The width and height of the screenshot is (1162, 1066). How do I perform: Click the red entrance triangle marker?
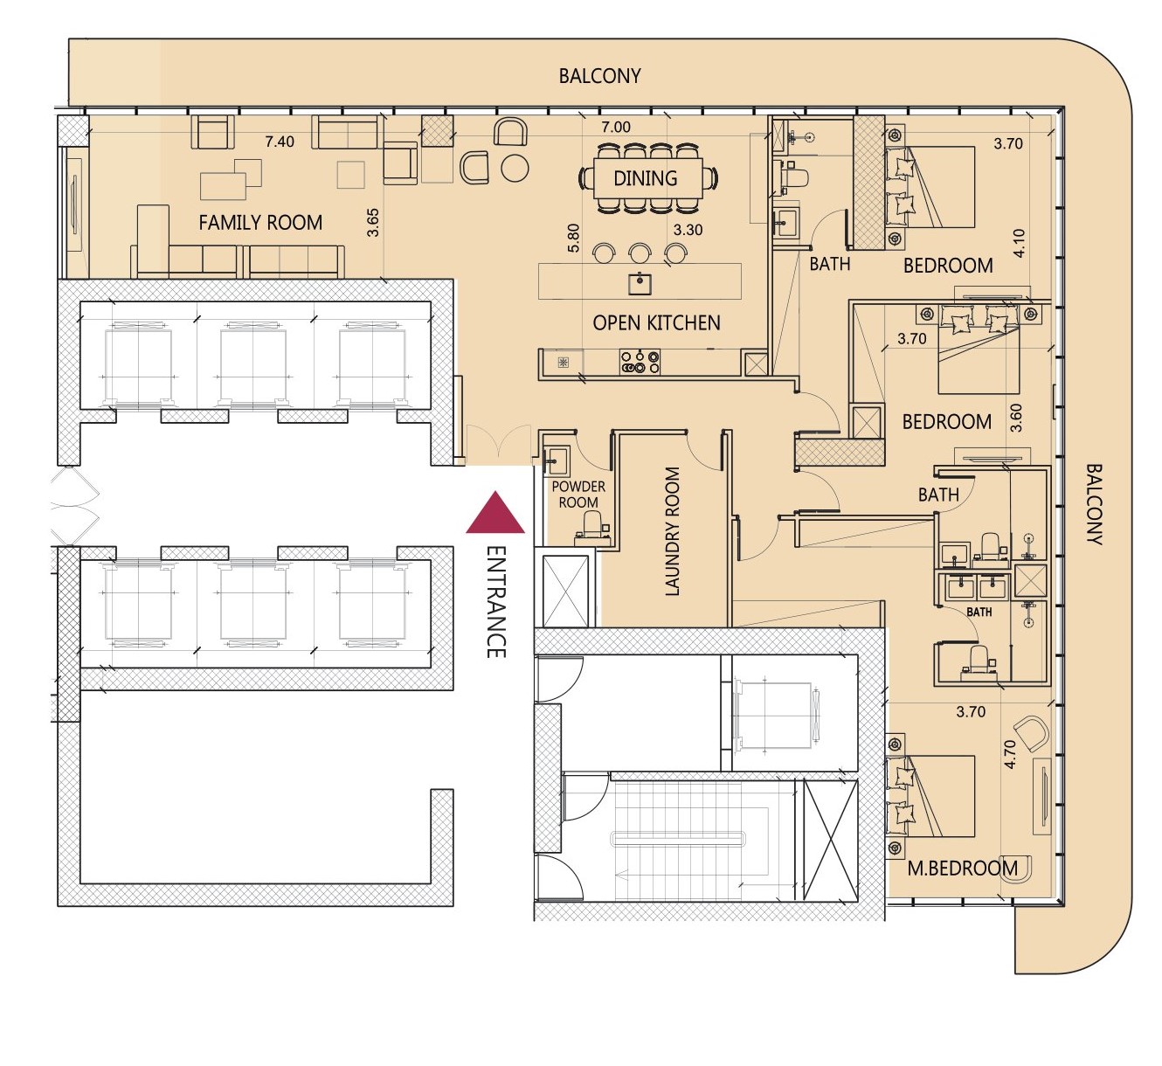[x=495, y=513]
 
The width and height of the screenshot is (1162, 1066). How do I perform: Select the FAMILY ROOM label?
[x=260, y=223]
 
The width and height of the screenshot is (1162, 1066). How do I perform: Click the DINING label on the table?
[x=646, y=178]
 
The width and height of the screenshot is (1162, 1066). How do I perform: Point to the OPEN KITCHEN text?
[x=656, y=322]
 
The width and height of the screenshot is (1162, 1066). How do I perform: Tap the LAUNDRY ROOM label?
[x=673, y=531]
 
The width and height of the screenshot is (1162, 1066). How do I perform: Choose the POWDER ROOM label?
[x=578, y=495]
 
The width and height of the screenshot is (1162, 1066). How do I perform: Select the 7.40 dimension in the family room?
[x=280, y=142]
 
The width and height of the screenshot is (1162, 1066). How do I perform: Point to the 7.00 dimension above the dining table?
[x=615, y=127]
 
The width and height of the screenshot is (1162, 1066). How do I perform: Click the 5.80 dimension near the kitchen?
[x=573, y=239]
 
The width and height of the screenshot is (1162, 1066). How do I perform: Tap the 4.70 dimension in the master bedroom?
[x=1010, y=754]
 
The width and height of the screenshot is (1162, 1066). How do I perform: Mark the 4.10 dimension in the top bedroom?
[x=1020, y=243]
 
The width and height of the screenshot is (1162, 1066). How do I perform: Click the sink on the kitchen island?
[x=640, y=283]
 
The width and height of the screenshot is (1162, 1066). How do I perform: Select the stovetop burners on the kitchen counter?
[x=640, y=362]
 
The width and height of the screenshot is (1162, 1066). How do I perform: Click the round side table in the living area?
[x=515, y=169]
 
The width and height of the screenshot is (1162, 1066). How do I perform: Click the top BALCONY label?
[x=599, y=76]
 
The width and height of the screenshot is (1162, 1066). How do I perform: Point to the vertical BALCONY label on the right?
[x=1093, y=504]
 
